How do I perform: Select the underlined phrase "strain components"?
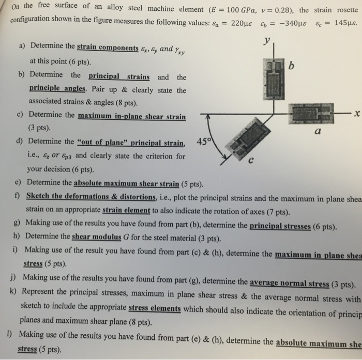pyautogui.click(x=107, y=47)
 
